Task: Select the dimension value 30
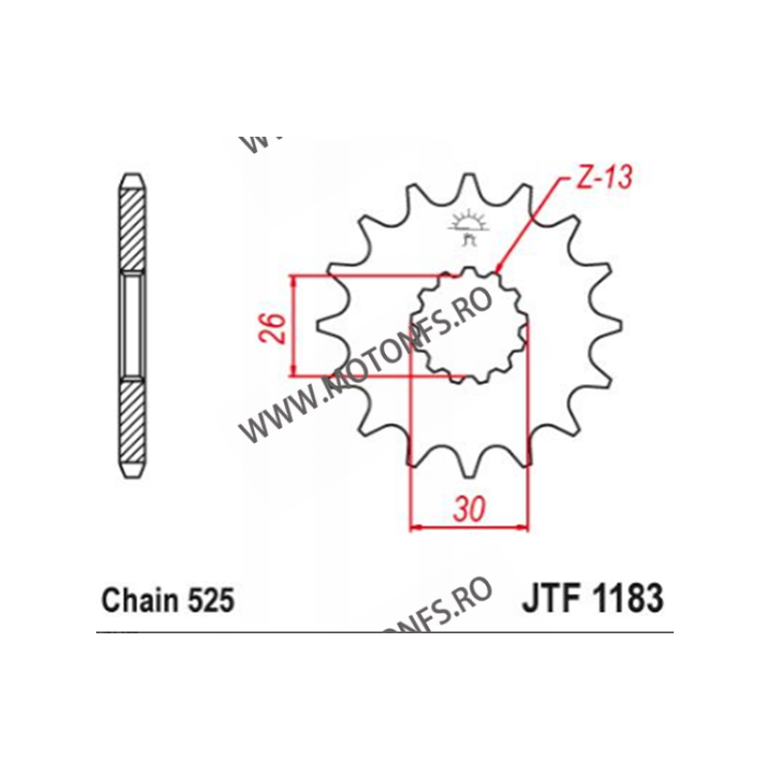click(x=469, y=509)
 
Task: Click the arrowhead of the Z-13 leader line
click(x=498, y=269)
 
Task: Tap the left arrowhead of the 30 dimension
click(x=416, y=526)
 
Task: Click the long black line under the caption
click(x=385, y=632)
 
